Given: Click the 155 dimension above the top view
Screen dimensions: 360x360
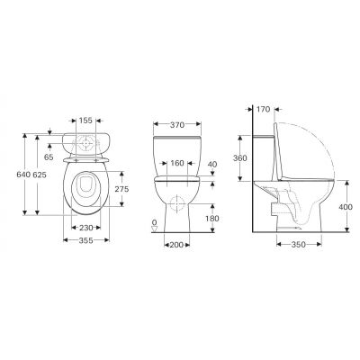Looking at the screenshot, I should tap(85, 120).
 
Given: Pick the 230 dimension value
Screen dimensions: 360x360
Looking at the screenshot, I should tap(85, 228).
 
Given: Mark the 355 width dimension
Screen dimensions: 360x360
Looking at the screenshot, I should tap(85, 241).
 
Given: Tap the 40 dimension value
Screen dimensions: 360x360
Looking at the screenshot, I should tap(213, 164).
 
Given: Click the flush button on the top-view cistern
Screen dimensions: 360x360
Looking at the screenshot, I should tap(85, 145).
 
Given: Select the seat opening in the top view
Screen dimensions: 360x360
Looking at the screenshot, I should tap(85, 187).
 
